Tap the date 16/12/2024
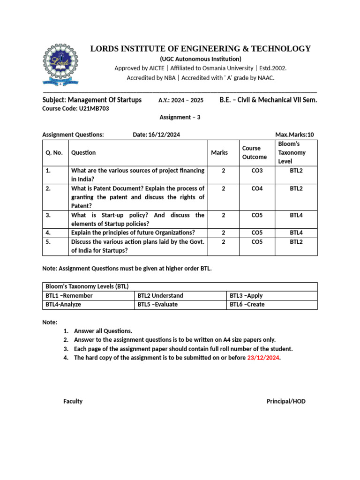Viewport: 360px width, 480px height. (x=164, y=135)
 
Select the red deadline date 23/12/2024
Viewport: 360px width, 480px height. (x=263, y=358)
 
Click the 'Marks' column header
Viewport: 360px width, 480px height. (x=219, y=152)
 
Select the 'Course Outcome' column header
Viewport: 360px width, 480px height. (x=254, y=152)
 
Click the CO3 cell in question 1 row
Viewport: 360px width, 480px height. (x=257, y=171)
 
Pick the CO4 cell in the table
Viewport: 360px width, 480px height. (x=257, y=188)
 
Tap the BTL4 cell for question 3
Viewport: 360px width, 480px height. (x=296, y=215)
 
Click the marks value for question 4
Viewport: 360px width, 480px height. (x=223, y=232)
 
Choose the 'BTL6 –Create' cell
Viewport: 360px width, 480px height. (x=247, y=304)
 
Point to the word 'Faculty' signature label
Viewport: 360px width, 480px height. (x=73, y=401)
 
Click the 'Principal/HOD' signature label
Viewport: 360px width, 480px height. (x=286, y=401)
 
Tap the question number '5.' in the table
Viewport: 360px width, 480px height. (x=48, y=242)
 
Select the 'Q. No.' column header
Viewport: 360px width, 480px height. (x=54, y=152)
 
